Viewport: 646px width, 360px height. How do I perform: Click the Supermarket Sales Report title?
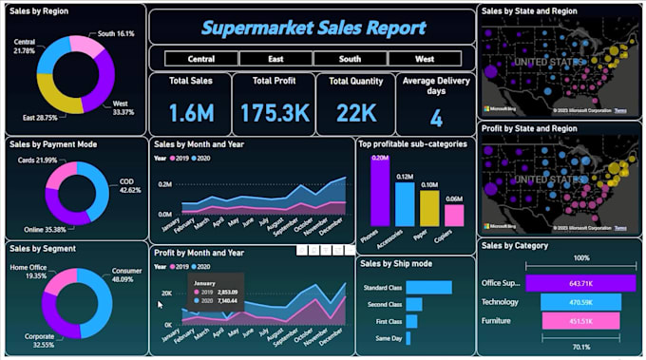point(312,28)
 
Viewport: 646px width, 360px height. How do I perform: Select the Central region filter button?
point(200,59)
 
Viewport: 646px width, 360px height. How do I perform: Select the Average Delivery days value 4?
point(436,119)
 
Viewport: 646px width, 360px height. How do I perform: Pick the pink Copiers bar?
point(455,215)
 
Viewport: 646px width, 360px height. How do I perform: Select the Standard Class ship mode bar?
point(433,288)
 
